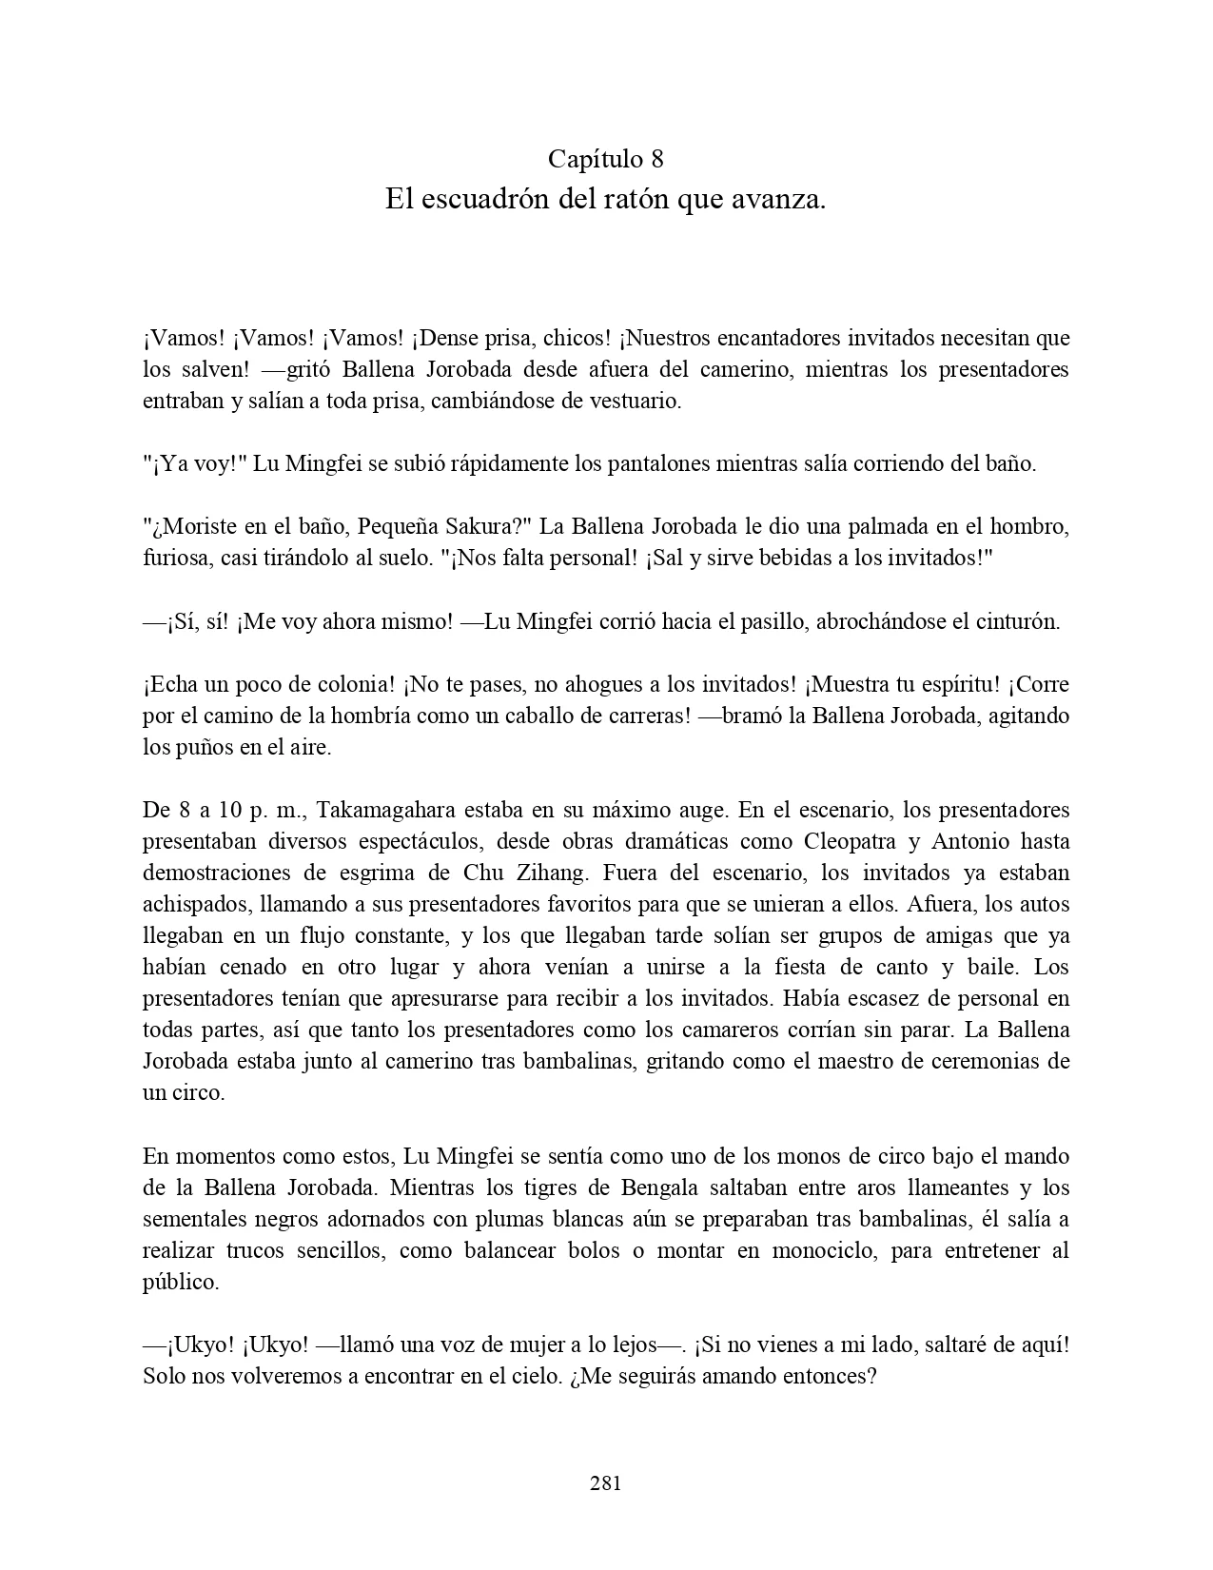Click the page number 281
click(x=606, y=1482)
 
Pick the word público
click(x=181, y=1283)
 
